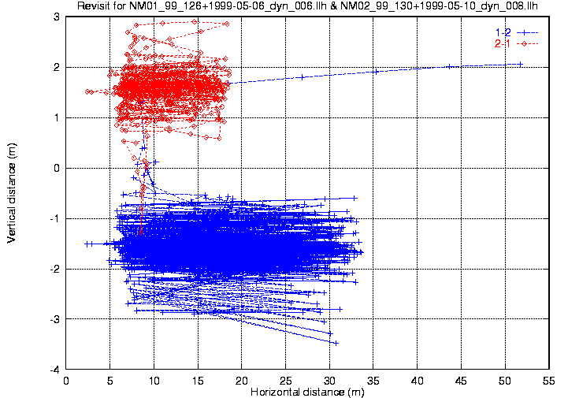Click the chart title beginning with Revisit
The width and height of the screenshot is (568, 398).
306,7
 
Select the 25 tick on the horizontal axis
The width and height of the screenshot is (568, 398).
285,380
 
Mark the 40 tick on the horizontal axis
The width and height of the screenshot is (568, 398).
417,380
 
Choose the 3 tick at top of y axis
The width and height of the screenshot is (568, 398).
58,17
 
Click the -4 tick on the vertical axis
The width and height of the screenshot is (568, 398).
55,369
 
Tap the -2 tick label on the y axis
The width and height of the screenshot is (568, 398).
55,269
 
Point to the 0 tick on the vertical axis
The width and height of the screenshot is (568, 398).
58,168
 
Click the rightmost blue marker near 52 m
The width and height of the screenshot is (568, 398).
520,64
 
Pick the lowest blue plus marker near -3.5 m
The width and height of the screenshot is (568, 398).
336,343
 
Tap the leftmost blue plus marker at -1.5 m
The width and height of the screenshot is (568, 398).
86,244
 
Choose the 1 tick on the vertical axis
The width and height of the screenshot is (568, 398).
58,117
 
